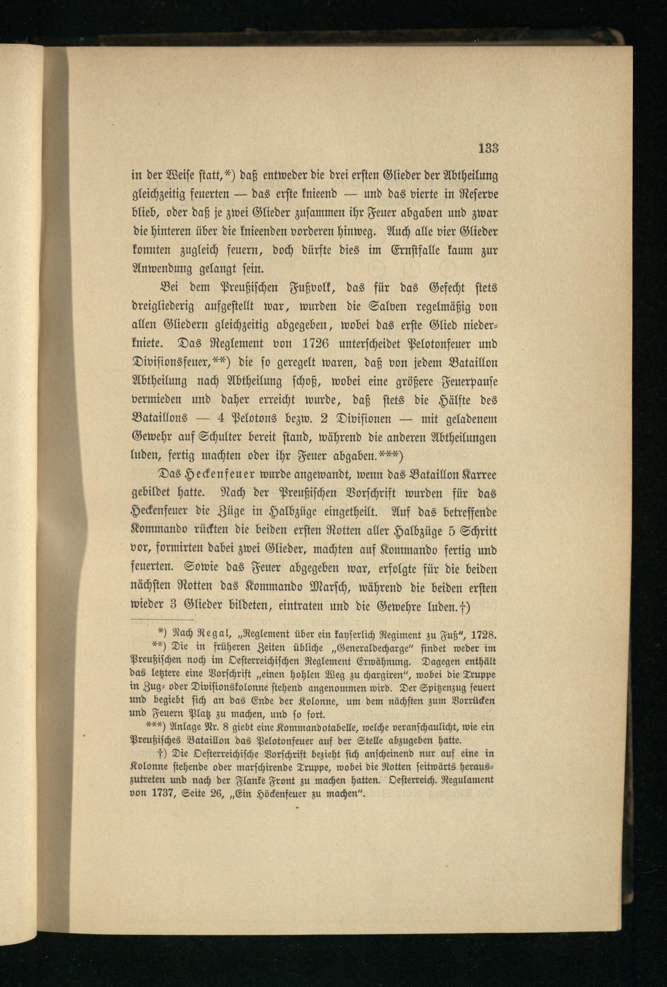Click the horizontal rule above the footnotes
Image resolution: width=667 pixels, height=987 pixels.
click(x=163, y=620)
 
